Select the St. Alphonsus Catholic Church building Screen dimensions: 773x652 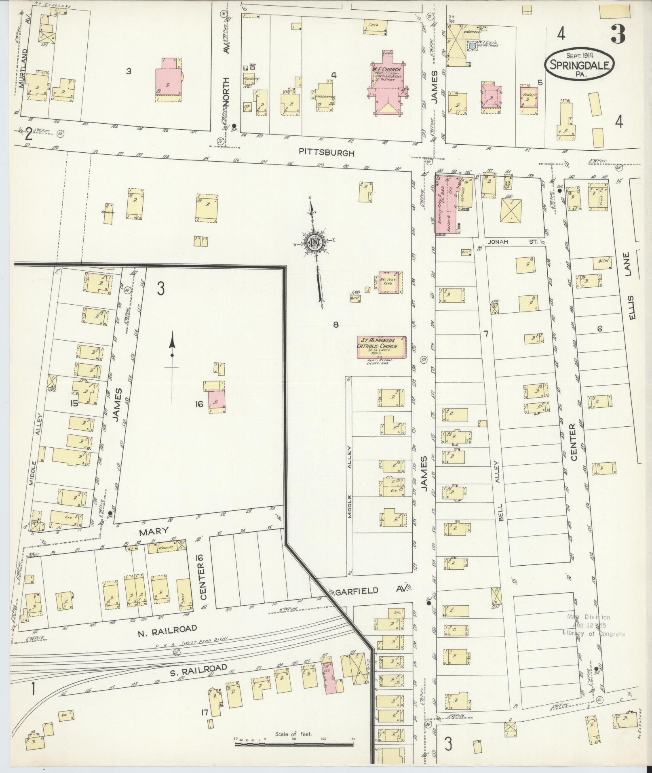pyautogui.click(x=380, y=347)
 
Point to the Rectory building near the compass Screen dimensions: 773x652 pyautogui.click(x=390, y=282)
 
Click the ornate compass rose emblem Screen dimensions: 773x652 pyautogui.click(x=313, y=242)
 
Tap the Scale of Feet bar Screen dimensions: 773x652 pyautogui.click(x=294, y=743)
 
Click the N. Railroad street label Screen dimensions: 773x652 pyautogui.click(x=167, y=629)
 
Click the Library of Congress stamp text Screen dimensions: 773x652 pyautogui.click(x=593, y=633)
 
